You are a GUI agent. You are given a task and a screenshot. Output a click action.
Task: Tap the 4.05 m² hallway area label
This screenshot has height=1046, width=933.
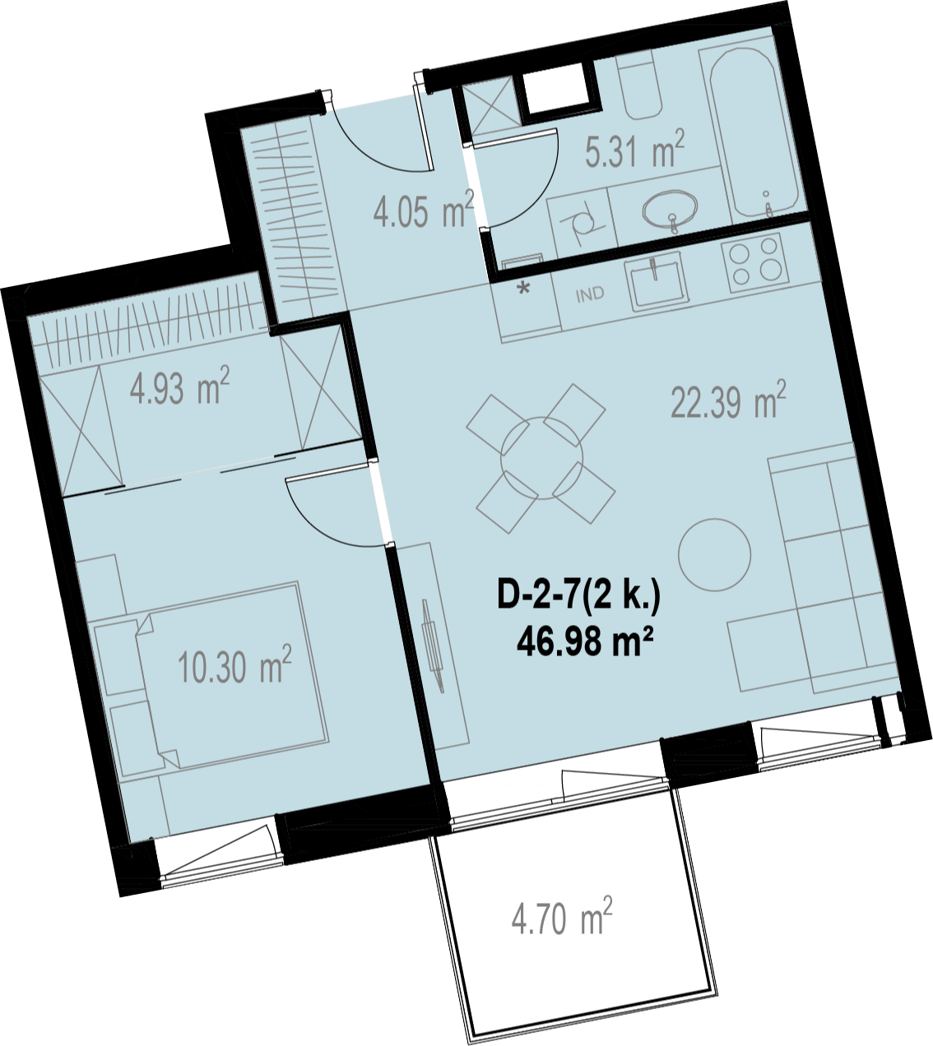(x=423, y=210)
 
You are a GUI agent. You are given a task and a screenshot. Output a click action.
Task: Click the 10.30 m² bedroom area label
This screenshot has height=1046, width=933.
(x=235, y=664)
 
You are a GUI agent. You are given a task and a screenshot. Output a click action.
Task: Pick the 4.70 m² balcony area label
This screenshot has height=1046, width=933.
(x=562, y=916)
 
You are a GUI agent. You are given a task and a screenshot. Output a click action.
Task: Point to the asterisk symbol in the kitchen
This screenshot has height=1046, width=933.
(x=524, y=289)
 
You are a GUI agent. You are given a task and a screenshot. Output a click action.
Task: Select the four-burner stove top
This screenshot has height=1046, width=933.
(x=759, y=263)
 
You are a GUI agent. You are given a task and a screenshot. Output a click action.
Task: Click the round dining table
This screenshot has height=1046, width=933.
(x=541, y=457)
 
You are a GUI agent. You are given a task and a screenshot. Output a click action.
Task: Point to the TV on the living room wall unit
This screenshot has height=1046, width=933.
(x=433, y=644)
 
